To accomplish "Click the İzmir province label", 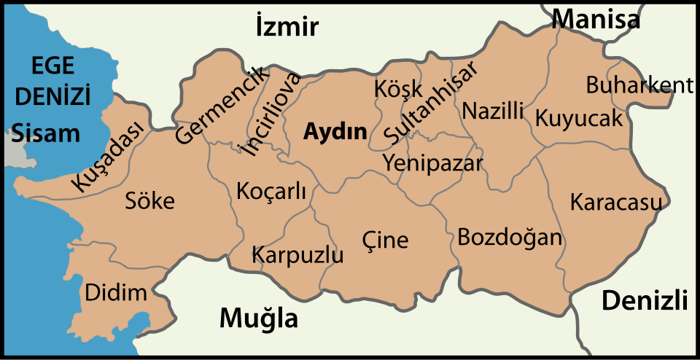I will pos(287,28).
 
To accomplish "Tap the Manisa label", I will pos(596,19).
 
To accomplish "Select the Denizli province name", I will pos(645,300).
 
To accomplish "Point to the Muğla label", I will pos(259,318).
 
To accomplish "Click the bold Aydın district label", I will pos(335,132).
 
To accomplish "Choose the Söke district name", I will pos(150,200).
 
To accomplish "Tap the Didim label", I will pos(116,293).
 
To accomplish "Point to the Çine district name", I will pos(385,239).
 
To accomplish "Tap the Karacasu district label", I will pos(616,201).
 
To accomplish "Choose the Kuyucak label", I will pos(579,118).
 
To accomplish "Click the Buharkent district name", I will pos(639,85).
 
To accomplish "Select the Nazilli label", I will pos(493,111).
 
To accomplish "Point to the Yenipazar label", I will pos(433,162).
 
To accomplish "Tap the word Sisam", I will pos(46,133).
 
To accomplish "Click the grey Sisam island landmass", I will pos(10,155).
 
